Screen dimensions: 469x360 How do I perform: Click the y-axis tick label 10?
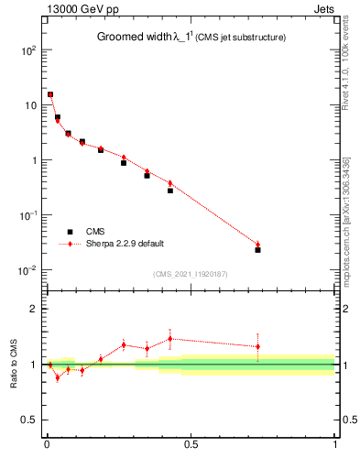click(29, 105)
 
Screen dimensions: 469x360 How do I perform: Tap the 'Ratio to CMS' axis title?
click(15, 377)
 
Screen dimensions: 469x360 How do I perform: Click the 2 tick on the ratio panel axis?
click(32, 309)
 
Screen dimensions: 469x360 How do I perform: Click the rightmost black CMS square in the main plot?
click(257, 250)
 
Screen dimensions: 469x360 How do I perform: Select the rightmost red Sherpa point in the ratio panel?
click(257, 346)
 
